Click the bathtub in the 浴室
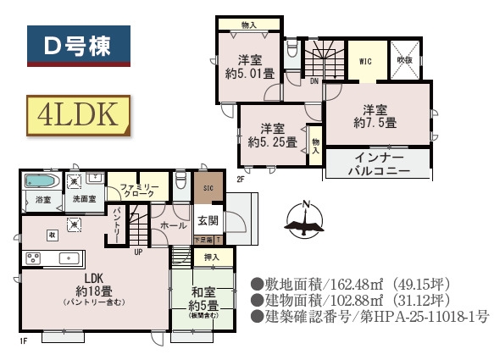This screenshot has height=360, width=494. [40, 181]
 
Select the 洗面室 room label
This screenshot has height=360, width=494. [83, 199]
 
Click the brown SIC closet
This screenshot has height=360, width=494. [208, 189]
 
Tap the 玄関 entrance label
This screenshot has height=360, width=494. [208, 221]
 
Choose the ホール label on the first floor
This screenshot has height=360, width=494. [173, 226]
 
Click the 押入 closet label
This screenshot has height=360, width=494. [211, 257]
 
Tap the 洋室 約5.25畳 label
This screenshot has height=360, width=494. [271, 135]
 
